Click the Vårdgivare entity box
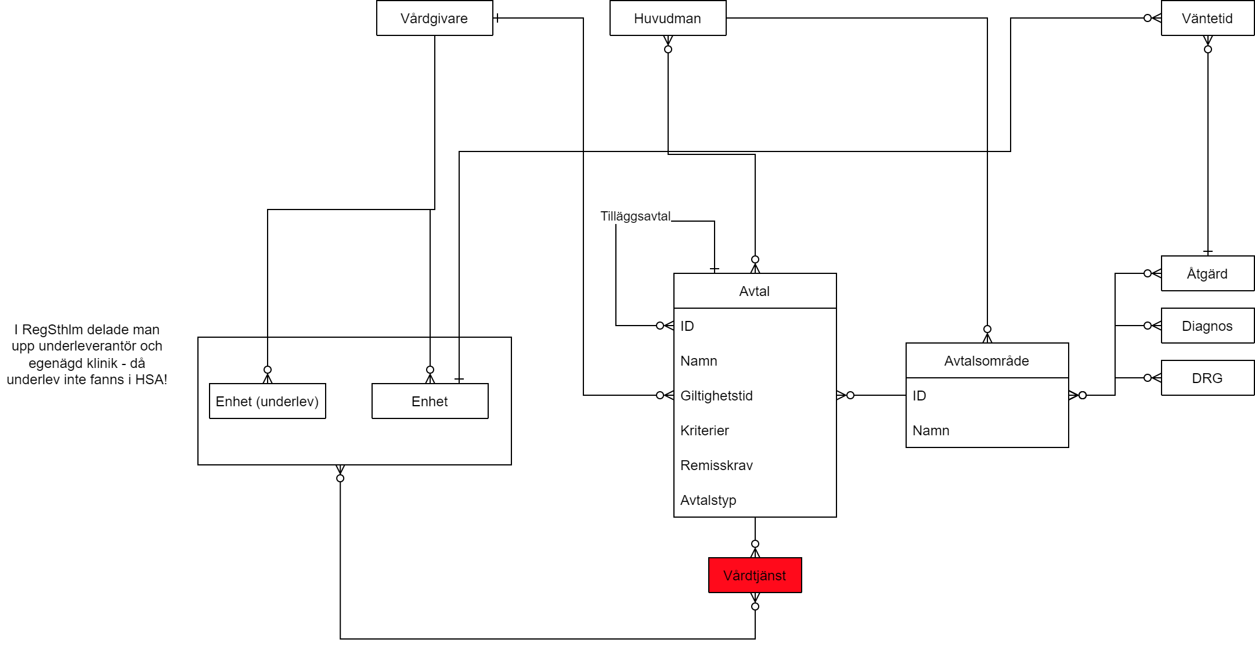click(x=434, y=19)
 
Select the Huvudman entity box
click(x=668, y=19)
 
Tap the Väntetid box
click(x=1207, y=19)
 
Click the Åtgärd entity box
click(x=1207, y=274)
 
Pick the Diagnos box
click(x=1207, y=326)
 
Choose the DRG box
click(x=1207, y=378)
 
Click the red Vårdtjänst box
click(x=755, y=576)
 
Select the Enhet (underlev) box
click(x=267, y=402)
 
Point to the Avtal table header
click(x=755, y=291)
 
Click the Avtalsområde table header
click(x=987, y=361)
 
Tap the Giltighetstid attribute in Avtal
click(x=716, y=396)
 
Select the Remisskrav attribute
click(x=716, y=465)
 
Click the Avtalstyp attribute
click(x=708, y=500)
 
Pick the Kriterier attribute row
click(x=705, y=431)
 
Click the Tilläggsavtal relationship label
click(x=635, y=216)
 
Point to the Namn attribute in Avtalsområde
click(x=931, y=431)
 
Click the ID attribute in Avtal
click(x=687, y=326)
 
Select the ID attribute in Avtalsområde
click(x=919, y=396)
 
